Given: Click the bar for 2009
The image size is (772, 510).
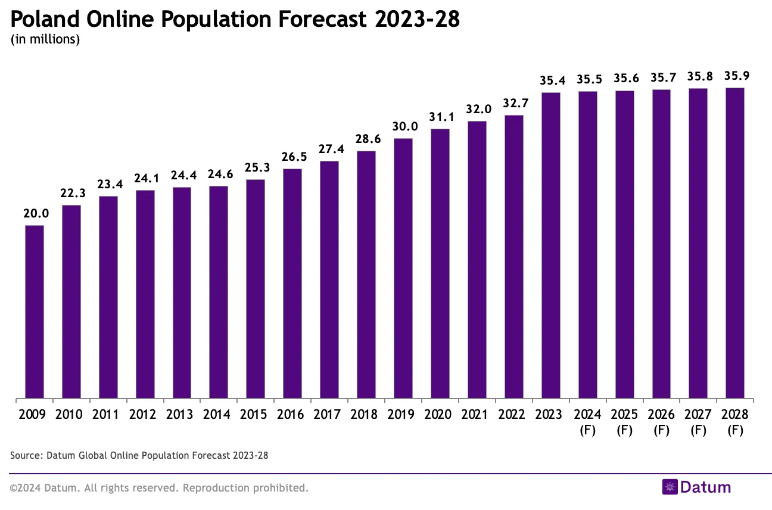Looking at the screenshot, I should click(35, 312).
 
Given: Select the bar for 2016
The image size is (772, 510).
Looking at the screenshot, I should click(292, 284).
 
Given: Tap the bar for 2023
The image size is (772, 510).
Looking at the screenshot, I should click(550, 245).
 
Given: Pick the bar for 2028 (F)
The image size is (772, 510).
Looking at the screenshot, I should click(734, 243).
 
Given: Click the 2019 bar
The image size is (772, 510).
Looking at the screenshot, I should click(403, 268).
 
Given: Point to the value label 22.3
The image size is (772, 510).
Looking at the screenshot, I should click(71, 194).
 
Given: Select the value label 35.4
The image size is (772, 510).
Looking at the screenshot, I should click(550, 80).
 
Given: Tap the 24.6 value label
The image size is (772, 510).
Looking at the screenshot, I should click(219, 175).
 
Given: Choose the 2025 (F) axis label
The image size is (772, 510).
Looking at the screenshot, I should click(624, 421).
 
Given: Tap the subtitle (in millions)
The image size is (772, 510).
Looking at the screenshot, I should click(45, 41).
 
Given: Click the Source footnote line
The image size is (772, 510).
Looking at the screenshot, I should click(139, 456).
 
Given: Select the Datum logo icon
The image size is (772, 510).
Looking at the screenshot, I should click(670, 487).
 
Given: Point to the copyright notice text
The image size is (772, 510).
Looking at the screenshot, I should click(159, 488).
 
